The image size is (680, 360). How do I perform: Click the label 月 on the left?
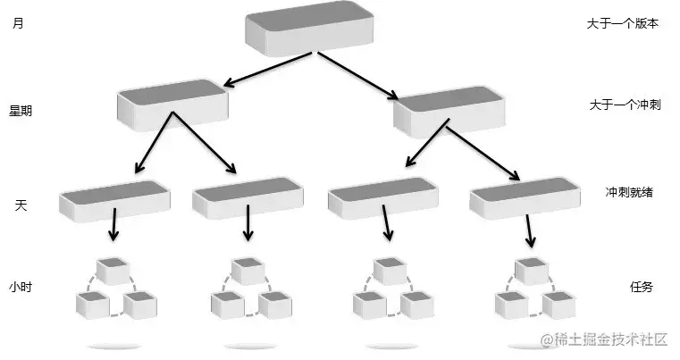coord(19,24)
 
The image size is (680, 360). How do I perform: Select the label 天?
coord(21,205)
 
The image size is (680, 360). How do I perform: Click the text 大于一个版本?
coord(623,24)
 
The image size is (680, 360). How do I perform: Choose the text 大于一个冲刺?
coord(623,105)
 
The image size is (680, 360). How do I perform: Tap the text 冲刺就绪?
coord(628,192)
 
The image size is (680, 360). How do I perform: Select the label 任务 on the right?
coord(642,287)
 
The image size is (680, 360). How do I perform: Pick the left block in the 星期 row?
coord(172,103)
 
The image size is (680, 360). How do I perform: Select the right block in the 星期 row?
coord(449,110)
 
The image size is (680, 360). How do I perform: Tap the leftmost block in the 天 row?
coord(113,197)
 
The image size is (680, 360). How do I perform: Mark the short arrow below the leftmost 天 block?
coord(113,225)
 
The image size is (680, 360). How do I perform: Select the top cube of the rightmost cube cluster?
coord(533,270)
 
